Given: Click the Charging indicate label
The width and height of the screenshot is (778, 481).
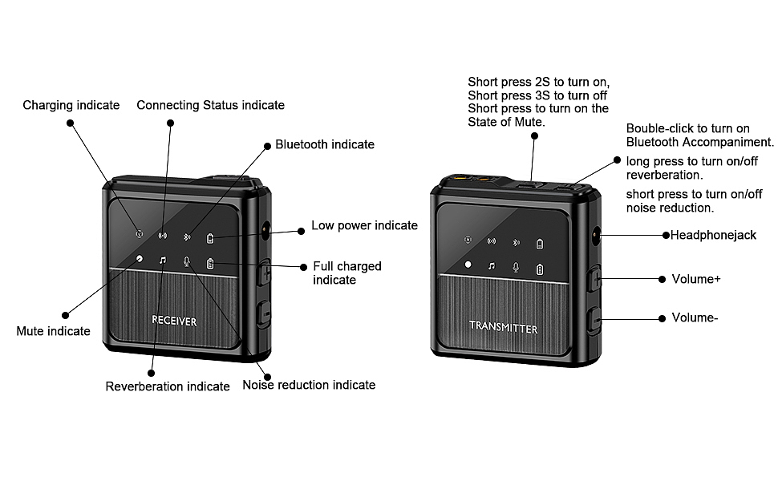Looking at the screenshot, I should [71, 105].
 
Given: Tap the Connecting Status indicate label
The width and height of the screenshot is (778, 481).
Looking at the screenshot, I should [210, 105].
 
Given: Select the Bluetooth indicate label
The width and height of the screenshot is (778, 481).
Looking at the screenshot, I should [325, 144].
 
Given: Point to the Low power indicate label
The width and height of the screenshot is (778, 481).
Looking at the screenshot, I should [364, 225].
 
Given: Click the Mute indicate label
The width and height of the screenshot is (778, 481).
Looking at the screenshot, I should [53, 331].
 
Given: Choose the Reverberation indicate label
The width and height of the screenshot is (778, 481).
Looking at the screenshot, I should [168, 386].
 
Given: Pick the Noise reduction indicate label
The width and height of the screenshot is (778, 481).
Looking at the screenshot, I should [309, 385].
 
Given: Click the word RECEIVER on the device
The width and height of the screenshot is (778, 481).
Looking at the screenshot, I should [174, 321].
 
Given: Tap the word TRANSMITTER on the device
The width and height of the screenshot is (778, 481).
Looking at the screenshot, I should [503, 328].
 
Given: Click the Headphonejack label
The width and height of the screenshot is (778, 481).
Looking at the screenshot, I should [713, 235].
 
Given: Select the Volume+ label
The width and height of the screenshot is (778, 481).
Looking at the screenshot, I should [695, 279].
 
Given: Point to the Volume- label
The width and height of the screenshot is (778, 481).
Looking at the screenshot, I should [694, 317].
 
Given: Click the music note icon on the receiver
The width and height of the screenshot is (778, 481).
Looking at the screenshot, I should [162, 261].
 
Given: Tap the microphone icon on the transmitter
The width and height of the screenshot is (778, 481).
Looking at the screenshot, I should [517, 267].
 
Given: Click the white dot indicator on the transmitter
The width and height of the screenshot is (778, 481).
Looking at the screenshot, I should [468, 265].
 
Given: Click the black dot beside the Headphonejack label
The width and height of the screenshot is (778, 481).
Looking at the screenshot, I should [666, 235].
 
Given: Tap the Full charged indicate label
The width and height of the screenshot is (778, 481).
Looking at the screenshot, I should [346, 273].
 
